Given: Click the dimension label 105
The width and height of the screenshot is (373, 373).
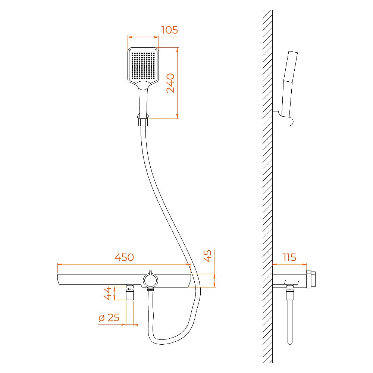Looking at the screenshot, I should (169, 30).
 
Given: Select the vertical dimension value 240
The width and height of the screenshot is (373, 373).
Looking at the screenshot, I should (170, 83).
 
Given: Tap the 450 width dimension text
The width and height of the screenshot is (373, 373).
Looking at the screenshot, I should (124, 257).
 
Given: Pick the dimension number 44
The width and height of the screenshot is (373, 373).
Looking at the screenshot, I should (107, 293).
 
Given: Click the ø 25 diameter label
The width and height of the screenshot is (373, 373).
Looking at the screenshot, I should (109, 318).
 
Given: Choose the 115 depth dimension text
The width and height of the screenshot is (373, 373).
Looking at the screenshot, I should (289, 257).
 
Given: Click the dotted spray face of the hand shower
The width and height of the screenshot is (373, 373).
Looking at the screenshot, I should (143, 66).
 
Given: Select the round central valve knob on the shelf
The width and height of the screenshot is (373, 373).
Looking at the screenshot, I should (150, 280).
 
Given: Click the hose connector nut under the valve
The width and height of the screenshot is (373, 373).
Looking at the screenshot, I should (150, 289).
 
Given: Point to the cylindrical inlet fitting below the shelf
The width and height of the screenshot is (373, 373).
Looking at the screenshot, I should (130, 293).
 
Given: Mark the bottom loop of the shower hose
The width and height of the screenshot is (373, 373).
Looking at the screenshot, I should (168, 341).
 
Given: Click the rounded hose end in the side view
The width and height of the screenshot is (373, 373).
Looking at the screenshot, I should (290, 341).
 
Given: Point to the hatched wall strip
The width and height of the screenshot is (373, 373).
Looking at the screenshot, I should (267, 186).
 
